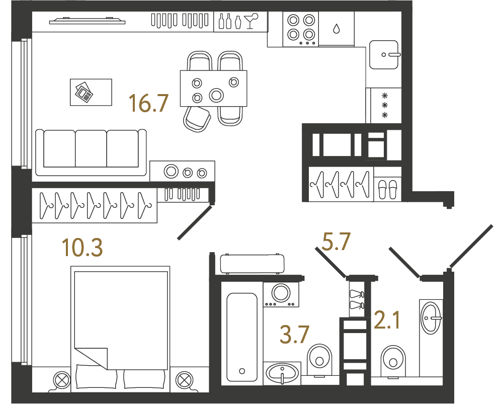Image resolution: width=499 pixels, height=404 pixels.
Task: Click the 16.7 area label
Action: (148, 104)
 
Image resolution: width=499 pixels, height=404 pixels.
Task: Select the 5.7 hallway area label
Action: (336, 241)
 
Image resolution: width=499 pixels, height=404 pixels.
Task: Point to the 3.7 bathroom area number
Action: (294, 334)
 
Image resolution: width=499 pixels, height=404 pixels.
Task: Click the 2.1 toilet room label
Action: (387, 320)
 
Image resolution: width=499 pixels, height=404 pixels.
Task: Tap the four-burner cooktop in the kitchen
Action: (301, 30)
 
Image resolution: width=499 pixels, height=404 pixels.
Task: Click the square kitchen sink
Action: (384, 54)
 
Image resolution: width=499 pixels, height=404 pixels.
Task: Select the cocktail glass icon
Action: (251, 21)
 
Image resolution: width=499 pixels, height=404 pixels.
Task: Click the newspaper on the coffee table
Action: (84, 93)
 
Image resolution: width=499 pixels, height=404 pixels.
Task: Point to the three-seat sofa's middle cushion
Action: (91, 148)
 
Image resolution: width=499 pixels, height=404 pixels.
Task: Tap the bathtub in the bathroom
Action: (242, 337)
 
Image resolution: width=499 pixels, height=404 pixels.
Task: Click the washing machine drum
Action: (281, 292)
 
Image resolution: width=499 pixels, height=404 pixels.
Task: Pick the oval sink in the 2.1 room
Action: (431, 317)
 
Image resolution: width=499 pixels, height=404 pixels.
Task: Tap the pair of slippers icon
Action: (388, 189)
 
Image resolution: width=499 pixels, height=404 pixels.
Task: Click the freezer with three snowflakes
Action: (385, 105)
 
